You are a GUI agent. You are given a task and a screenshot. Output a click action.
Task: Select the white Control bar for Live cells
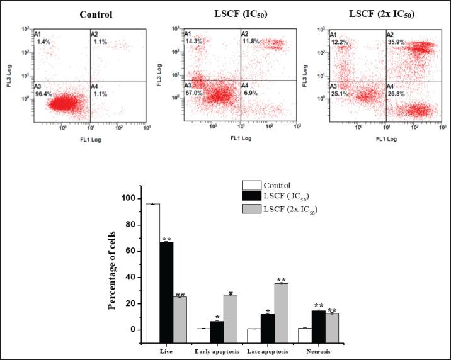coord(152,267)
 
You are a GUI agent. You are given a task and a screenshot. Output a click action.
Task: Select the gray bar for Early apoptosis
coord(231,312)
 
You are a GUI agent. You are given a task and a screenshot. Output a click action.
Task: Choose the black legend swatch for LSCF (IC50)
coord(251,198)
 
